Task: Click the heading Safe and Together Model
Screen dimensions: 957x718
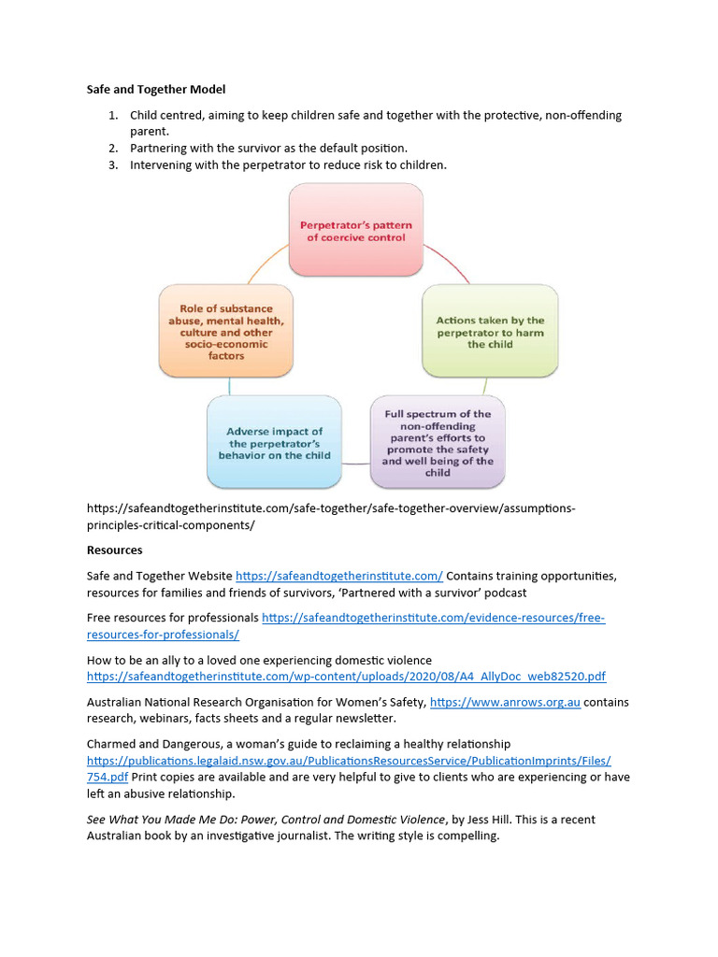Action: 156,90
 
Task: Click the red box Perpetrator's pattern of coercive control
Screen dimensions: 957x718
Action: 355,231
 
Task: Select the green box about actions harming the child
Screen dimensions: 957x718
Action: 490,332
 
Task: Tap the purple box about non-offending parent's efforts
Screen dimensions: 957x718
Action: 438,443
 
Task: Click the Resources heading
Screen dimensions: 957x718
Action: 114,550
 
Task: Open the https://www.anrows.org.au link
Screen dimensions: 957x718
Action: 505,702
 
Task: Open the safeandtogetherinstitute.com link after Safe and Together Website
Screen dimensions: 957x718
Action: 338,576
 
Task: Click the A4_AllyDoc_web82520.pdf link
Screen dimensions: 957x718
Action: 346,676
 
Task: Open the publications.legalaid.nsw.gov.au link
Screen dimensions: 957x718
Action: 349,761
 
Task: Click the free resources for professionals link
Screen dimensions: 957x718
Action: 433,618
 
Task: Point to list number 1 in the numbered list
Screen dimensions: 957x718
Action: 112,115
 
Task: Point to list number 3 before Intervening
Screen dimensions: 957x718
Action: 112,165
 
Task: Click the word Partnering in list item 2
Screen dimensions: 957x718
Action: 160,149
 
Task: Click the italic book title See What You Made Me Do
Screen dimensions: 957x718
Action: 266,820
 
